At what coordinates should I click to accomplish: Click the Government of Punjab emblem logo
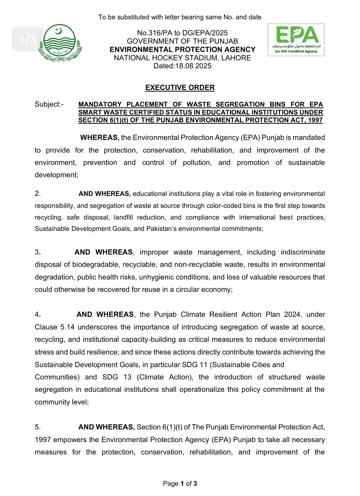point(60,43)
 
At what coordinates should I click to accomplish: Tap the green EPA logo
point(296,40)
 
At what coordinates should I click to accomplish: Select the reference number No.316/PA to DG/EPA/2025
point(182,33)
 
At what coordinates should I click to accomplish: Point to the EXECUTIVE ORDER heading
point(180,88)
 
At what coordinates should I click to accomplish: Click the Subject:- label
point(49,104)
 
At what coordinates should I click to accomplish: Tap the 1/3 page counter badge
point(27,39)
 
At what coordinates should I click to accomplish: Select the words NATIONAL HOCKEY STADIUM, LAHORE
point(182,58)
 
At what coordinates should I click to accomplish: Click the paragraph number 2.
point(38,194)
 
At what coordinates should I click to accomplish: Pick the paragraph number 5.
point(38,427)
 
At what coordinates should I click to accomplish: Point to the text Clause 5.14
point(54,327)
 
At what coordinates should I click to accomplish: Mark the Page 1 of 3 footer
point(180,483)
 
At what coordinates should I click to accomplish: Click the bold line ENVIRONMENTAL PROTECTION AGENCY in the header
point(182,50)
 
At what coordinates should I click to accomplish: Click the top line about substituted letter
point(180,17)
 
